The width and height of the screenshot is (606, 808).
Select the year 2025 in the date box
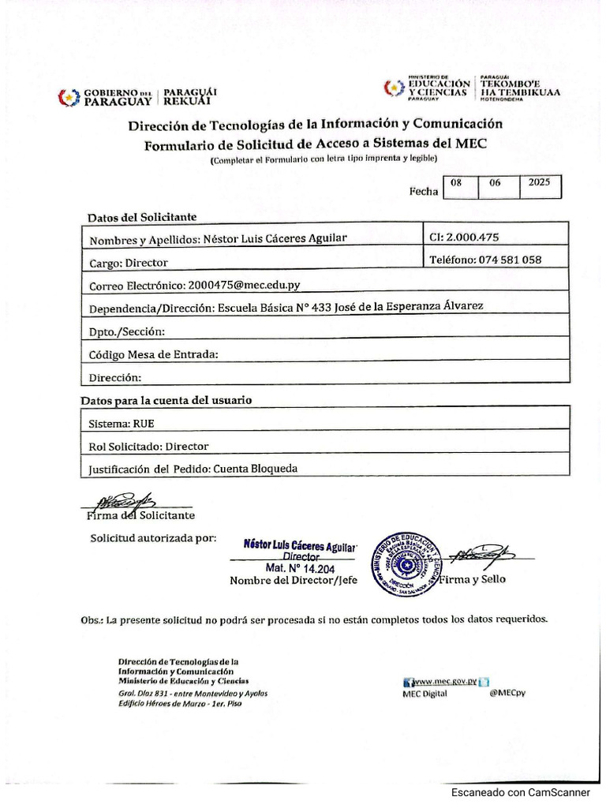coord(540,182)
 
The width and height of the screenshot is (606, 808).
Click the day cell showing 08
coord(456,182)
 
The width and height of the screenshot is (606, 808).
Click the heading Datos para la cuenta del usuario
coord(166,400)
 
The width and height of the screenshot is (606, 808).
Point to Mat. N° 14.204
coord(300,567)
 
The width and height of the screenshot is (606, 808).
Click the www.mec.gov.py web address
coord(447,681)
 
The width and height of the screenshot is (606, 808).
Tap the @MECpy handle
coord(507,694)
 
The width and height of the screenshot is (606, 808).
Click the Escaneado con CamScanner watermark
coord(521,793)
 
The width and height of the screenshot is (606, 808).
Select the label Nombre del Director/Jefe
coord(293,580)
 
